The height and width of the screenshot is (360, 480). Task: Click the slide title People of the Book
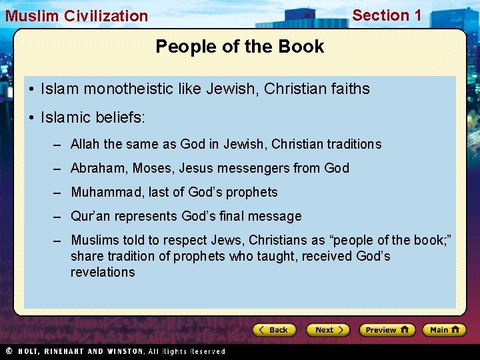[x=239, y=47]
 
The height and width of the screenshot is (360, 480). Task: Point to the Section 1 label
[x=387, y=15]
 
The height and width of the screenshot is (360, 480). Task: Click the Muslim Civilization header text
[x=77, y=16]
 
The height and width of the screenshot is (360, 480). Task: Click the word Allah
[x=85, y=144]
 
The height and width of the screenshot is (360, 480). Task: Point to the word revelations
[x=103, y=272]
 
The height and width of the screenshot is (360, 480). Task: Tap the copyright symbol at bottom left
[x=9, y=351]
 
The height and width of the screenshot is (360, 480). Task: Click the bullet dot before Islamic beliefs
[x=31, y=118]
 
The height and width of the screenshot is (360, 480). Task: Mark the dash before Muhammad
[x=58, y=193]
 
